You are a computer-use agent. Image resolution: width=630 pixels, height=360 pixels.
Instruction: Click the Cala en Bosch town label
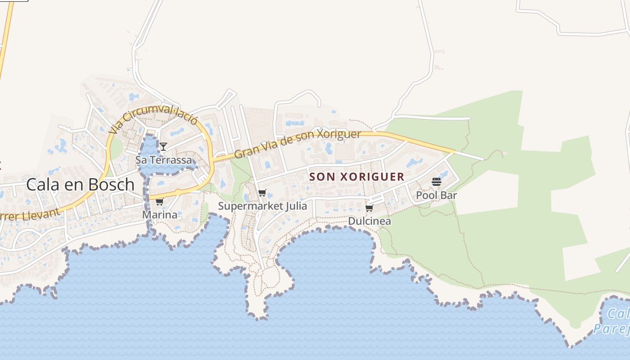(x=80, y=184)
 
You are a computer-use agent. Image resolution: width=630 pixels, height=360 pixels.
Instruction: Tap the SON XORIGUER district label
(x=357, y=177)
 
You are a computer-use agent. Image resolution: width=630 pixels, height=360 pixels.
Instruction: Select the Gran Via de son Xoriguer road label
(x=297, y=144)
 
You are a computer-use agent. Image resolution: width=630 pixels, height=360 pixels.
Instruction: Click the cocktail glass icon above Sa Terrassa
(x=163, y=147)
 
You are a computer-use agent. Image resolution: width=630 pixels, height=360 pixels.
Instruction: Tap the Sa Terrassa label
(x=163, y=160)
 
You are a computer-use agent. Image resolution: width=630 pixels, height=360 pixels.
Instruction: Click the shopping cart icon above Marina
(x=159, y=202)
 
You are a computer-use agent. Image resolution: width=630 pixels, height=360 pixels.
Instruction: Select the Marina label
(x=160, y=215)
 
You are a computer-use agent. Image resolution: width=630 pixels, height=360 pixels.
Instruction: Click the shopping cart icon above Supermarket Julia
(x=262, y=193)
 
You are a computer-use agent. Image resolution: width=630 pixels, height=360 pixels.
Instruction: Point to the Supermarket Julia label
(x=262, y=206)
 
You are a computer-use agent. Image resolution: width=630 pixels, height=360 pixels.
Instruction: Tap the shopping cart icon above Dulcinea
(x=369, y=208)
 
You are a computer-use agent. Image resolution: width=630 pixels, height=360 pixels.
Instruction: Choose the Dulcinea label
(x=369, y=221)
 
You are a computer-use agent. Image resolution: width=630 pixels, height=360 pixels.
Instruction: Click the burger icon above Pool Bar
(x=436, y=182)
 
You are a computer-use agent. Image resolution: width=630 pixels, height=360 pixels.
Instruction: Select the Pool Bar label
(x=436, y=195)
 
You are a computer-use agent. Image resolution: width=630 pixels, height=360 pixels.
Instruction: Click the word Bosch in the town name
(x=112, y=184)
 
